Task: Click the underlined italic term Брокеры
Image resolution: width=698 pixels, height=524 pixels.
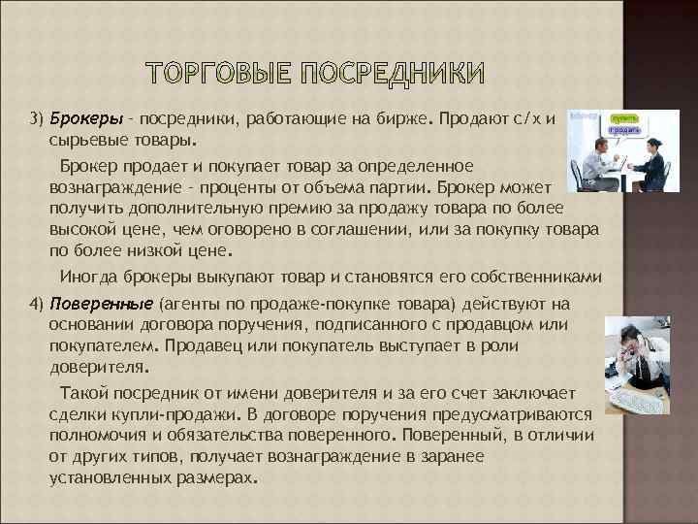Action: click(x=86, y=118)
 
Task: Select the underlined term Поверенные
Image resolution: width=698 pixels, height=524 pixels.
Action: click(x=101, y=305)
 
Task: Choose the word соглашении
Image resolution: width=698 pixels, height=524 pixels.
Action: click(x=364, y=229)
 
